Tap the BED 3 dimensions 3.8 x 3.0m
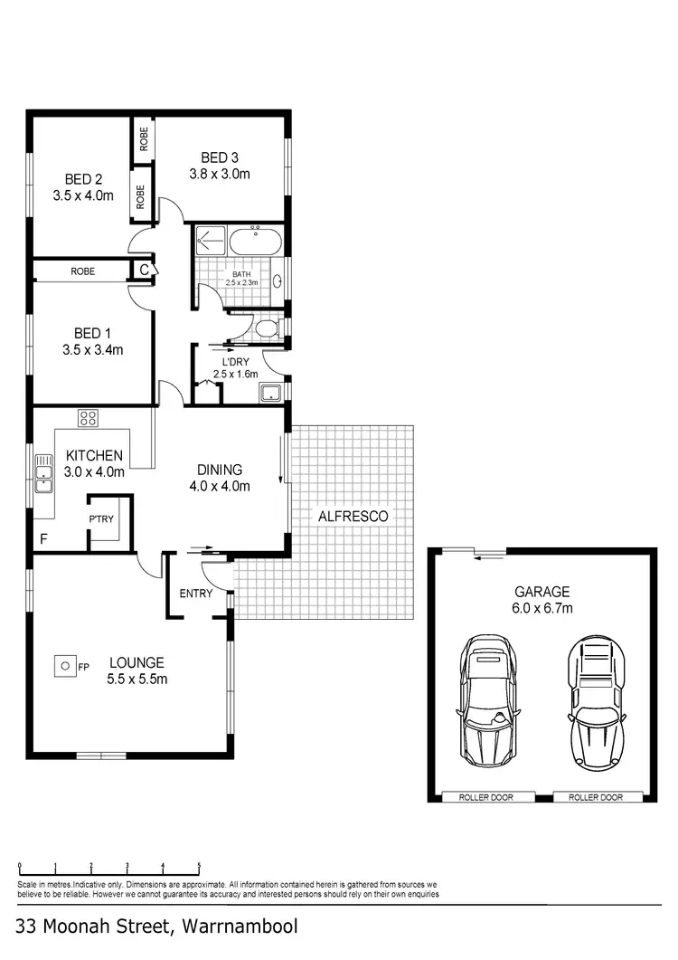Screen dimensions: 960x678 coord(219,175)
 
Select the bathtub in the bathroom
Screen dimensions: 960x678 coord(254,242)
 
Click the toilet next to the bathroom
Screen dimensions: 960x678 coord(267,327)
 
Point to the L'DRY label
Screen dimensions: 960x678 coord(235,361)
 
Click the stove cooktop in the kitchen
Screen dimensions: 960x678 coord(89,417)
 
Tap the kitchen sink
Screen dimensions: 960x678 coord(42,473)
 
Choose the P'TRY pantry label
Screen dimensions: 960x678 coord(100,519)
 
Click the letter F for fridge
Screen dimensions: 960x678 coord(42,539)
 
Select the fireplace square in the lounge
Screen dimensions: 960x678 coord(65,666)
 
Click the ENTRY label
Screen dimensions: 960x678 coord(196,594)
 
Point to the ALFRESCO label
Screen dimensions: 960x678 coord(353,516)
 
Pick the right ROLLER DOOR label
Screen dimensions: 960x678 coord(596,797)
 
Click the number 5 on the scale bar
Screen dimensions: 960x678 coord(199,865)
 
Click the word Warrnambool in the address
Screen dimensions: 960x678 coord(240,927)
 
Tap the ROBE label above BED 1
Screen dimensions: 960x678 coord(84,271)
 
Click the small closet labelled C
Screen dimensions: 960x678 coord(144,270)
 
